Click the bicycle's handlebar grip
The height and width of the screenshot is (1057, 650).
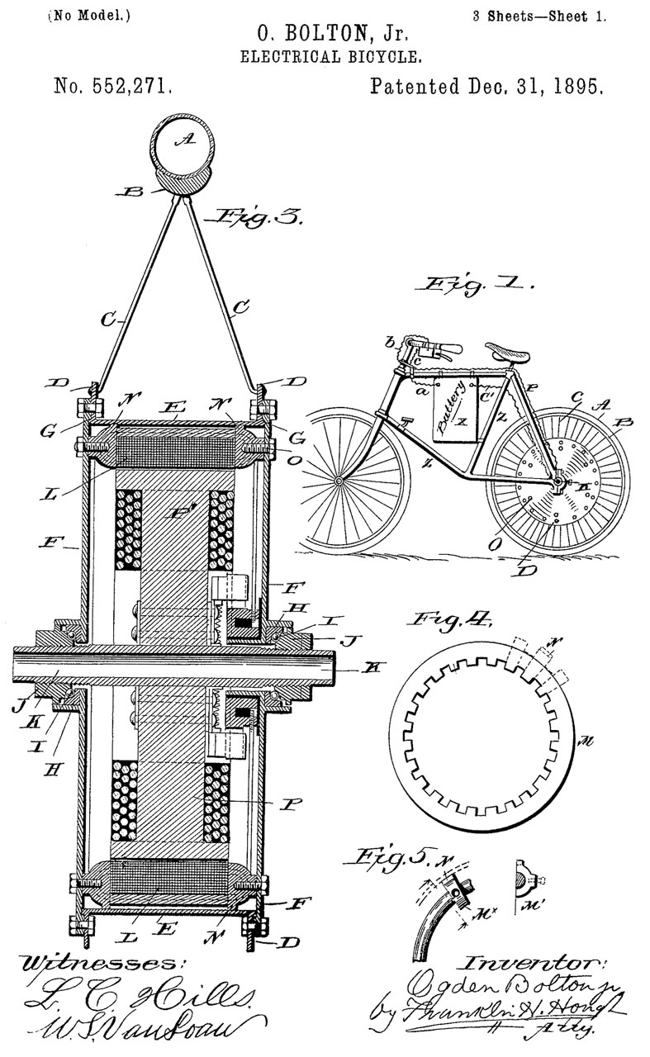coord(445,348)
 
